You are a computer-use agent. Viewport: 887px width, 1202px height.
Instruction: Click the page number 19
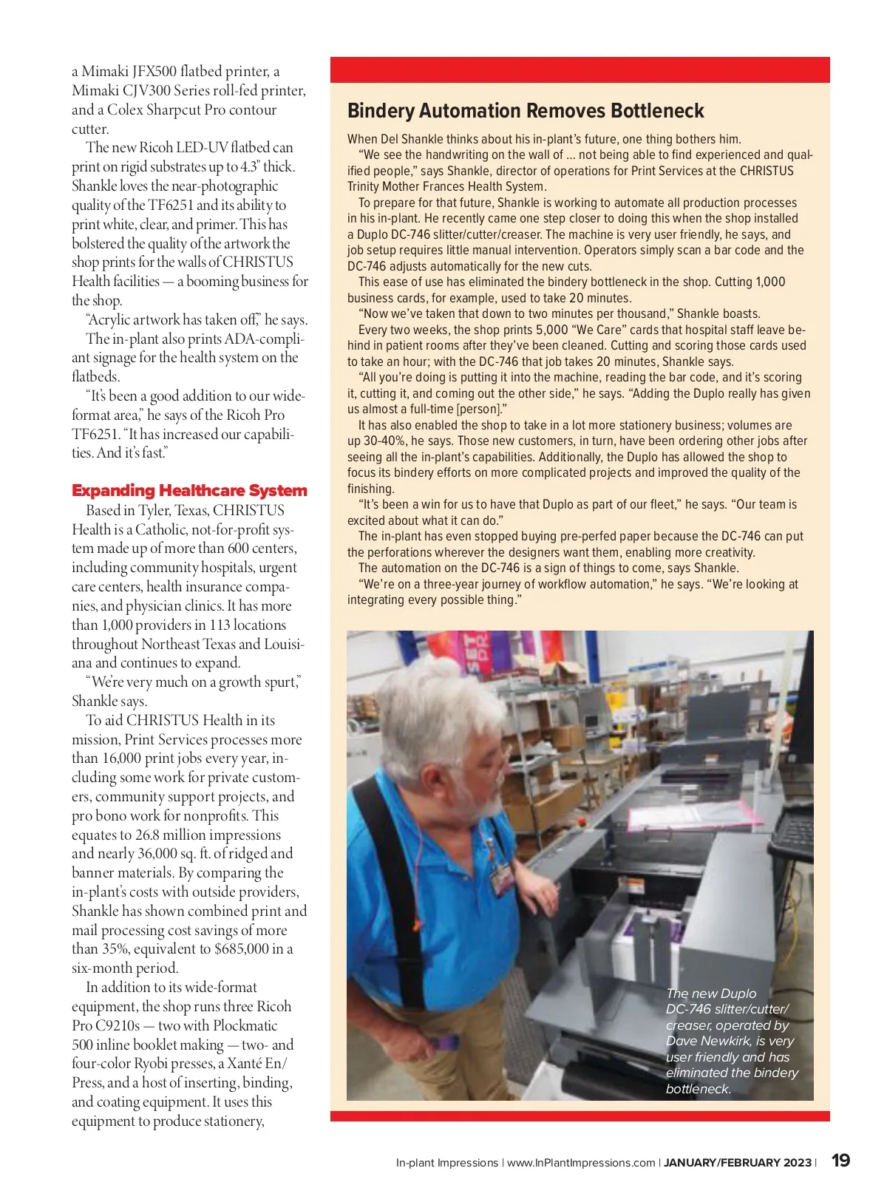(840, 1161)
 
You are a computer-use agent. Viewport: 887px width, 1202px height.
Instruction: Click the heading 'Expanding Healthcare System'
(189, 491)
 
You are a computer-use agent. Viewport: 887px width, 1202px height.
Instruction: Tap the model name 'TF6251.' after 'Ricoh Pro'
(94, 434)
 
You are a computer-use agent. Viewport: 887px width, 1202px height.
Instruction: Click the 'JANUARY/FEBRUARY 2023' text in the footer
(737, 1163)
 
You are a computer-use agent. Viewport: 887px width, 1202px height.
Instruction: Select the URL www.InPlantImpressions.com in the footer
(581, 1163)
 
